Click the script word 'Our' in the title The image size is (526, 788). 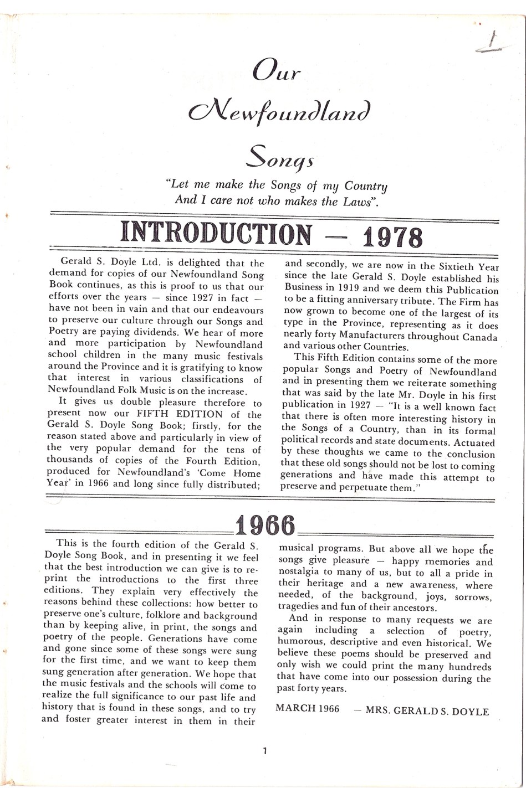point(276,72)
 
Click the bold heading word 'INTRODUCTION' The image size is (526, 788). point(216,234)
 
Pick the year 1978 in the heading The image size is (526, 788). point(392,236)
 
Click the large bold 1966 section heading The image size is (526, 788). point(264,524)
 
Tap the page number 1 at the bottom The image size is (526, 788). point(265,751)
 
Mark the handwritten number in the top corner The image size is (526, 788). point(492,42)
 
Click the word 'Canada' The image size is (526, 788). point(480,337)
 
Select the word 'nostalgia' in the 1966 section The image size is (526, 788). point(300,573)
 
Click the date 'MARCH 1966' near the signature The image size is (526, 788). point(307,709)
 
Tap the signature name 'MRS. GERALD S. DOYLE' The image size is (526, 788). point(427,711)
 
